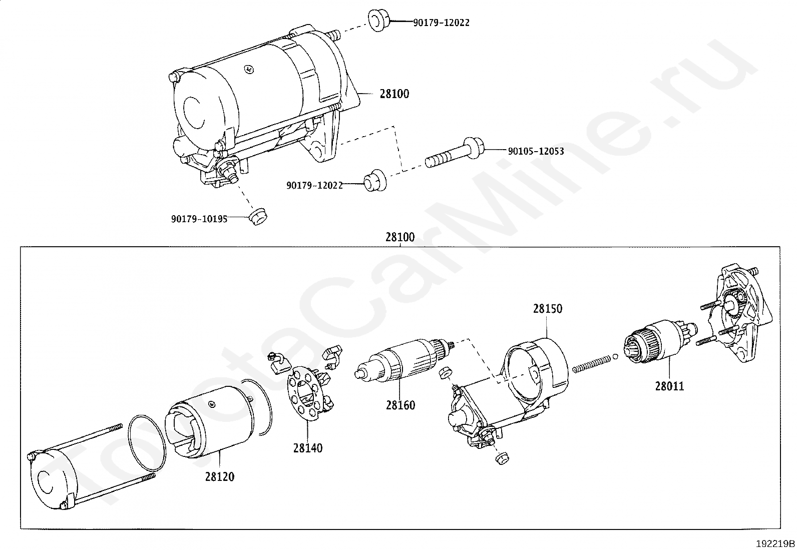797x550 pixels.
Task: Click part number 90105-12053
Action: coord(536,151)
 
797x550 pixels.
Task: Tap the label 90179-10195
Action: coord(199,219)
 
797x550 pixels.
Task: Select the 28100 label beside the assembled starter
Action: coord(394,94)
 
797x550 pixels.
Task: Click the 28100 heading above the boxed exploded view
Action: coord(400,237)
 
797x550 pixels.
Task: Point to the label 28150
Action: coord(547,309)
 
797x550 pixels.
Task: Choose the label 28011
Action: coord(669,386)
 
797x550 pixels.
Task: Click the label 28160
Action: coord(401,405)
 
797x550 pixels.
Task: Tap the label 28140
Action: coord(308,448)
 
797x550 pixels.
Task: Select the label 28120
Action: coord(219,476)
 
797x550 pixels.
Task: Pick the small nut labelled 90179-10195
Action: coord(258,216)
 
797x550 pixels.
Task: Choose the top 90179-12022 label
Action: coord(441,23)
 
